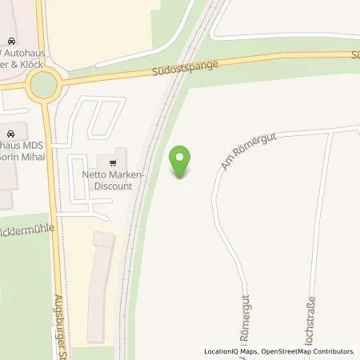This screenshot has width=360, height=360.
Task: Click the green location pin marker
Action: pos(182,162)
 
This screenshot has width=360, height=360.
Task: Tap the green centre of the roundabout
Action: pos(43,82)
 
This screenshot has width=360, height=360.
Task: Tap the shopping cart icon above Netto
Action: pos(121,158)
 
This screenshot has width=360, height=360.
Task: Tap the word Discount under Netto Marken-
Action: pos(113,186)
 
